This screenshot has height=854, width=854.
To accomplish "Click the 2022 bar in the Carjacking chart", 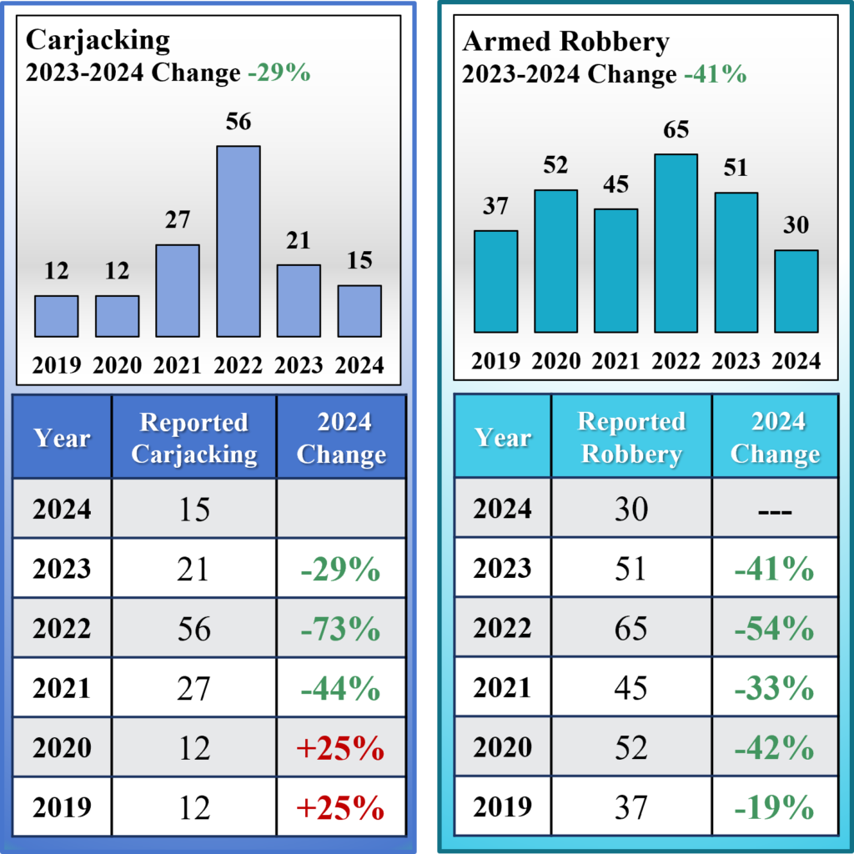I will click(x=239, y=241).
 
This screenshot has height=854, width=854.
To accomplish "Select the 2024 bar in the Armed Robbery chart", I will click(x=796, y=291).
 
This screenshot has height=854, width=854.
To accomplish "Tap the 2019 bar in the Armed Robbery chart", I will click(x=495, y=281).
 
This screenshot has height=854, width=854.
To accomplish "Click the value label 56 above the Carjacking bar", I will click(x=239, y=122).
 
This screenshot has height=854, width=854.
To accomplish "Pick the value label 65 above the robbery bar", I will click(x=676, y=131).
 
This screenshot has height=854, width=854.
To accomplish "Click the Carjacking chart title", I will click(x=98, y=39).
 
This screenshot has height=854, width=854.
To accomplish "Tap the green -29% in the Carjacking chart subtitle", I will click(x=279, y=73).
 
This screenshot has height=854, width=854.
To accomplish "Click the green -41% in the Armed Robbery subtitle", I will click(x=716, y=75).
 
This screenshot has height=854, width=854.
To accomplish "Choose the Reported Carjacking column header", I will click(x=194, y=438).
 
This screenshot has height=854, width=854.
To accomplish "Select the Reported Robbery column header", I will click(x=631, y=437).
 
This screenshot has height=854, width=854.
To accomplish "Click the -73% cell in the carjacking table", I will click(x=341, y=629).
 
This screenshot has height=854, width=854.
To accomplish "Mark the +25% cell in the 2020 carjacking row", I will click(x=341, y=748).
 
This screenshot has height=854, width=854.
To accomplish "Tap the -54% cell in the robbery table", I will click(x=775, y=629).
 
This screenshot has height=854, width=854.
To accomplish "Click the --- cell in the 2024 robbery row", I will click(x=775, y=510).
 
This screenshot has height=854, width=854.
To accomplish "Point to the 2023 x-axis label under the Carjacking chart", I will click(x=299, y=365).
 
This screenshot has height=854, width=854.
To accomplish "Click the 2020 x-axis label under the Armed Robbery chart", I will click(x=555, y=360).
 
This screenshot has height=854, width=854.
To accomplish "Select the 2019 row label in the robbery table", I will click(x=502, y=806).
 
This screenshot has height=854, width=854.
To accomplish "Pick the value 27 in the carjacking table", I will click(x=194, y=689).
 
